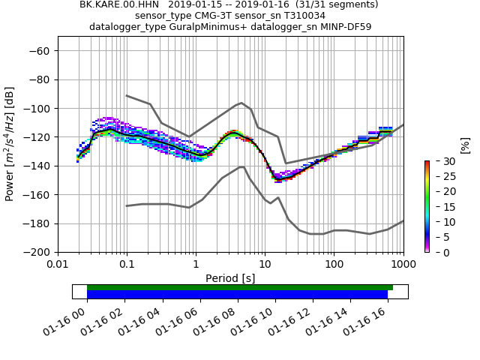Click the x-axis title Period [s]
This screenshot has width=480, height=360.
pos(230,278)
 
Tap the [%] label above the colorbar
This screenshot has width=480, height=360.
pos(465,145)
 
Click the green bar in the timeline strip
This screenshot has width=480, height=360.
pos(240,287)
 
